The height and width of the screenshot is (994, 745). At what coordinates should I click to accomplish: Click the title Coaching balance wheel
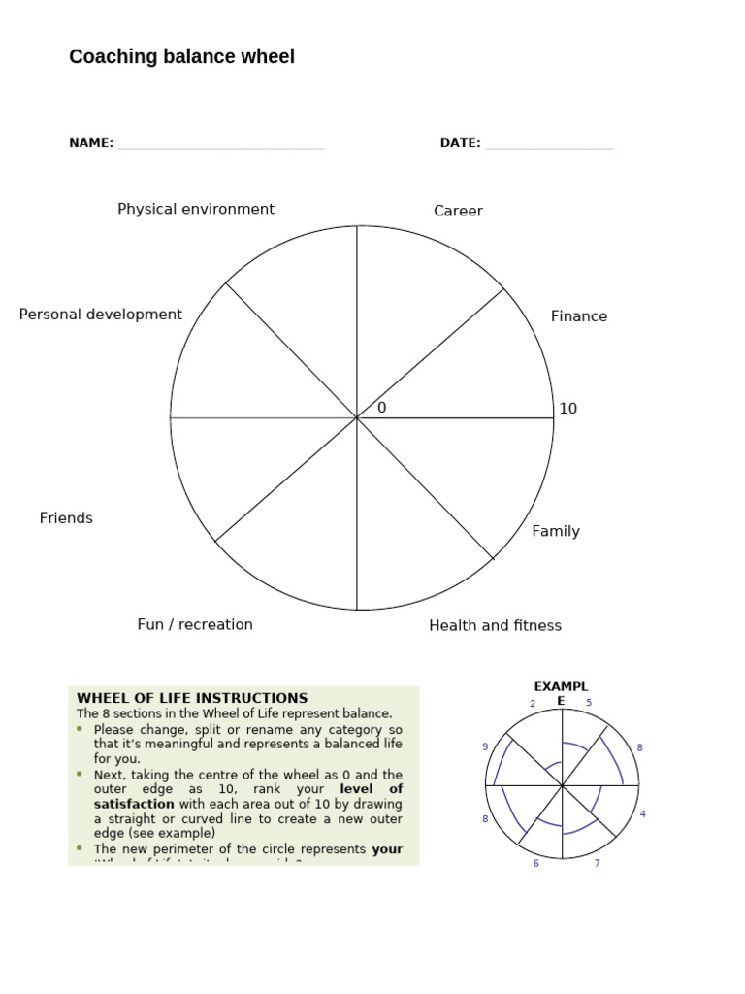pyautogui.click(x=181, y=57)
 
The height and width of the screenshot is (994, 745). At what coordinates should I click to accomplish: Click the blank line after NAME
pyautogui.click(x=220, y=147)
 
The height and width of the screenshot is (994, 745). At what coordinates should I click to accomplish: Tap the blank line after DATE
pyautogui.click(x=549, y=147)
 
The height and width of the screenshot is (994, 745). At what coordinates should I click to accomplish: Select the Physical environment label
pyautogui.click(x=196, y=209)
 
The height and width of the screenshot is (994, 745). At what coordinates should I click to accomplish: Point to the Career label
pyautogui.click(x=458, y=211)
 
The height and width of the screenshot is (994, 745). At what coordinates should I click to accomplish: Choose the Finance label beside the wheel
pyautogui.click(x=579, y=316)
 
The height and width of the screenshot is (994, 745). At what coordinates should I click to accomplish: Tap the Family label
pyautogui.click(x=556, y=531)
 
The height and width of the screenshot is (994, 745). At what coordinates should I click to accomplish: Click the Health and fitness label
pyautogui.click(x=495, y=625)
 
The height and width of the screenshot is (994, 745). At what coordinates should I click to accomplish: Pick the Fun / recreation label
pyautogui.click(x=195, y=624)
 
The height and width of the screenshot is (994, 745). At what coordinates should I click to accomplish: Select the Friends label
pyautogui.click(x=66, y=518)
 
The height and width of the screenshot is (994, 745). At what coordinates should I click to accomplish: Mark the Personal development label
pyautogui.click(x=101, y=315)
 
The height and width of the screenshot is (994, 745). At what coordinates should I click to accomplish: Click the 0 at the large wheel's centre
pyautogui.click(x=382, y=409)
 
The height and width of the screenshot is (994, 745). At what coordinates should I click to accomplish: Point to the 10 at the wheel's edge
pyautogui.click(x=567, y=409)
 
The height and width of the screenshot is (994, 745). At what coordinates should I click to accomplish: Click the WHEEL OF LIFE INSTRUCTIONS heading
pyautogui.click(x=192, y=698)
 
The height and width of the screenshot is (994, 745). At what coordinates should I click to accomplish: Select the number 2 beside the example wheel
pyautogui.click(x=533, y=704)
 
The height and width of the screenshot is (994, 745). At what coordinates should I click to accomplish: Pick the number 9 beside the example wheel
pyautogui.click(x=485, y=746)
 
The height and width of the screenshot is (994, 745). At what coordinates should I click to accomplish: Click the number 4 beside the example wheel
pyautogui.click(x=642, y=814)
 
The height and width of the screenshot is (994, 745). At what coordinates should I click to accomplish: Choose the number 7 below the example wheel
pyautogui.click(x=597, y=863)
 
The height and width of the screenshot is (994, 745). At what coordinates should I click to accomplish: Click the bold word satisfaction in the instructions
pyautogui.click(x=134, y=804)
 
